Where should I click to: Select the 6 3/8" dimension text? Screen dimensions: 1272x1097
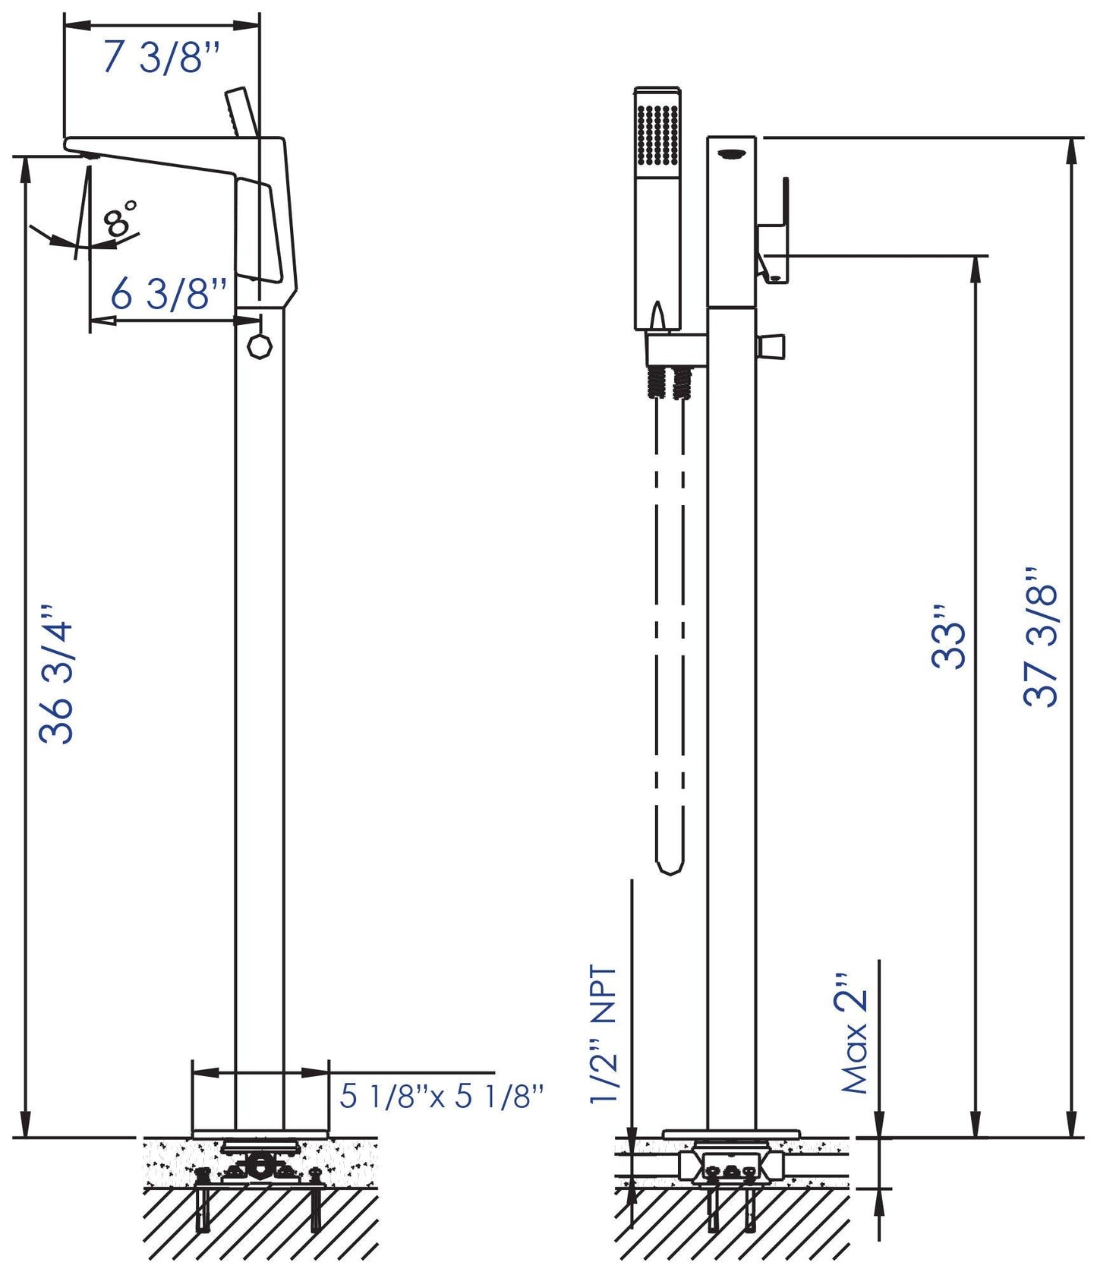point(169,294)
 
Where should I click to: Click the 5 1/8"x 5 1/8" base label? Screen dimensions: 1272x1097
point(442,1096)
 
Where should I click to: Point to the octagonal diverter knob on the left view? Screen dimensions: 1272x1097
point(260,346)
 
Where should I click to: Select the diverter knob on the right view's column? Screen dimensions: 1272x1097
point(772,346)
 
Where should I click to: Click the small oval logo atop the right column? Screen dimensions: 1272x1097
point(731,154)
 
